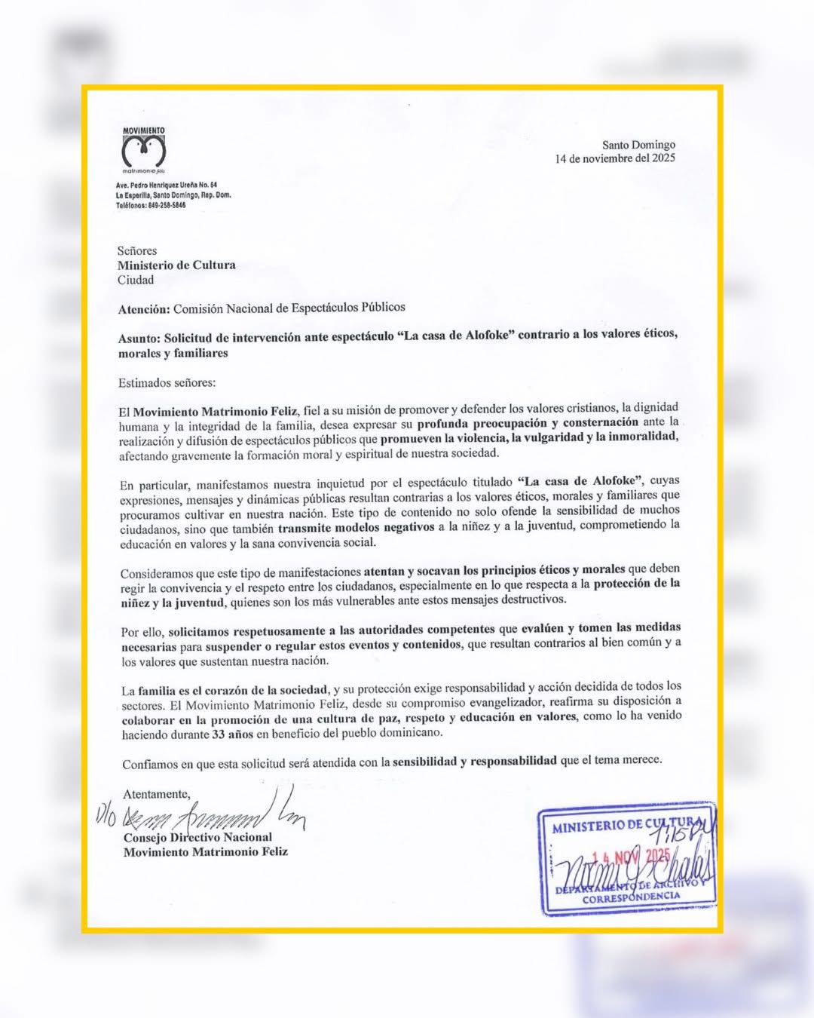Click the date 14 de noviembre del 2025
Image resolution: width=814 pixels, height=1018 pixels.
(x=615, y=158)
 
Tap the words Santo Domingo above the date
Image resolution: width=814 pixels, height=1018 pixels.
(x=638, y=145)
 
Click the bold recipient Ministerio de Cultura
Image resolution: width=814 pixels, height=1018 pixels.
(x=176, y=265)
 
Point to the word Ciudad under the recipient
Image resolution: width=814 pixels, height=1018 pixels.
(x=136, y=280)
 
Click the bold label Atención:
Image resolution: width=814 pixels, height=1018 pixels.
(x=143, y=308)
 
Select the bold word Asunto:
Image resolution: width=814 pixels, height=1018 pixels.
(x=139, y=338)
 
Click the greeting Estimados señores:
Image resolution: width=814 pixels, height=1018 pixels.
(x=167, y=383)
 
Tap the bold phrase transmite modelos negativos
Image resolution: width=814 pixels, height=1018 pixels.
(x=357, y=527)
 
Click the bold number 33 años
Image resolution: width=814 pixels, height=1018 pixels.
(x=232, y=733)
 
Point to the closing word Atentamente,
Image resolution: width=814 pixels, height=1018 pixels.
(x=157, y=794)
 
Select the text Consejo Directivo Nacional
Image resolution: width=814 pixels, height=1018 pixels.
(x=197, y=837)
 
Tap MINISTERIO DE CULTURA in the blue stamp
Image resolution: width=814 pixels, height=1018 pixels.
(x=626, y=824)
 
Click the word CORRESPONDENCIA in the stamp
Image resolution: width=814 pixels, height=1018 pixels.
(x=630, y=897)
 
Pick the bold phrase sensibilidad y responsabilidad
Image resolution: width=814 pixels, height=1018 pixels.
(x=475, y=761)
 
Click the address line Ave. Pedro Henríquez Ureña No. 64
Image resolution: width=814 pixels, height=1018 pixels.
(x=167, y=185)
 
